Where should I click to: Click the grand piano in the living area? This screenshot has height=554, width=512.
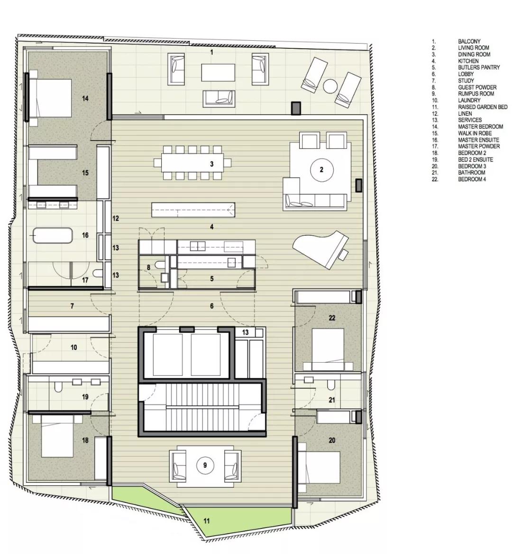[320, 249]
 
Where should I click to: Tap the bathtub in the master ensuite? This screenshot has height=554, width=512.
[53, 235]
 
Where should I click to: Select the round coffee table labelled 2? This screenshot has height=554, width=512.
[321, 170]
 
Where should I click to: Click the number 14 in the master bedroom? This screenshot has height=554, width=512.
[85, 98]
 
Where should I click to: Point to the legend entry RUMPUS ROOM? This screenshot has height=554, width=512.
[476, 94]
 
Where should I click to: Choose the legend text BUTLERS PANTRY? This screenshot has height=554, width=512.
[479, 67]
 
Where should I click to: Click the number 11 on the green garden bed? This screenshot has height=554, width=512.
[207, 520]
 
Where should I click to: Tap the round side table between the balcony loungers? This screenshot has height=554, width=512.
[330, 86]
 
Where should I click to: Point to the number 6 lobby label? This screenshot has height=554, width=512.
[211, 306]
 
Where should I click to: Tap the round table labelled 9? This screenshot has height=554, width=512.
[205, 465]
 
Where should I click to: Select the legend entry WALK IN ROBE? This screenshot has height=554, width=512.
[475, 133]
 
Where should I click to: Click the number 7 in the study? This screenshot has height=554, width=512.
[72, 306]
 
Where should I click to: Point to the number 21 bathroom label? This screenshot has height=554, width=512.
[332, 400]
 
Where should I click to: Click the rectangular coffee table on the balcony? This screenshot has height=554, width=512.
[219, 72]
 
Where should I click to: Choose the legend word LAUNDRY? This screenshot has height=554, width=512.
[469, 100]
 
